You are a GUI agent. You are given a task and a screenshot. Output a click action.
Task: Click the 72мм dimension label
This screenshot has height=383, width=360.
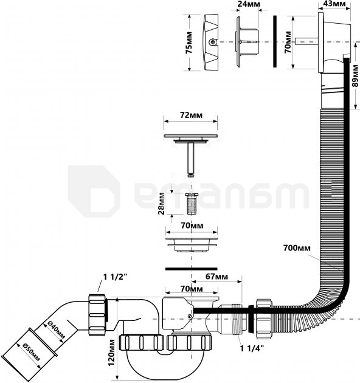(x=192, y=115)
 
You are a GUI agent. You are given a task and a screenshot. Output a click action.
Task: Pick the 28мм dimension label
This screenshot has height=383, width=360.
(x=162, y=204)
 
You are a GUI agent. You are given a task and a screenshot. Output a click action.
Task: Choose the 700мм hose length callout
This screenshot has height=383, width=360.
(x=297, y=248)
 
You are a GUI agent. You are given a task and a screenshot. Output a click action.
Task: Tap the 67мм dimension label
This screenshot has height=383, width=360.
(x=216, y=276)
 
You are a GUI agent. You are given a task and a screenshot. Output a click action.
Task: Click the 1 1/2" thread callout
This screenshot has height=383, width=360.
(x=115, y=277)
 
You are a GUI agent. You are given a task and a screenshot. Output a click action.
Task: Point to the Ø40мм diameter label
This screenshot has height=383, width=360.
(x=55, y=332)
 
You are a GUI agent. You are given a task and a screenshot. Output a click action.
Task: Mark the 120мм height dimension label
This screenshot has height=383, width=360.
(x=112, y=352)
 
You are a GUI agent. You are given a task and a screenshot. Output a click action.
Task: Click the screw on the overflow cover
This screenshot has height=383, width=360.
(x=212, y=43)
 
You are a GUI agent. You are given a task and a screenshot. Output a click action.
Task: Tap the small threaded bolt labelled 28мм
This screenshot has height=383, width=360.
(x=192, y=204)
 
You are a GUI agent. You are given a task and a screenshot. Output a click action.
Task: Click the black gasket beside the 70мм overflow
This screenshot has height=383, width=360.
(x=275, y=41)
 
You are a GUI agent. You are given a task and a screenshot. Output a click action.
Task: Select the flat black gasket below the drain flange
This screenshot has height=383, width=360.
(x=192, y=269)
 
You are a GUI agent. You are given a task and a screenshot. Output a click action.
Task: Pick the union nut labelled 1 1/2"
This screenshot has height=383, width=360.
(x=98, y=315)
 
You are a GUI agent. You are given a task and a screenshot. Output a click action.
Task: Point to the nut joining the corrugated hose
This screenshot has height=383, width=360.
(x=264, y=319)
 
